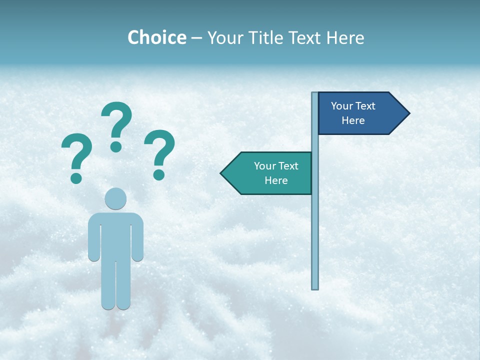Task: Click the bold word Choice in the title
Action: pyautogui.click(x=156, y=37)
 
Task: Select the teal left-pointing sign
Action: pyautogui.click(x=270, y=173)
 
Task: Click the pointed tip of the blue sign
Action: pyautogui.click(x=408, y=113)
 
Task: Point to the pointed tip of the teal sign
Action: pyautogui.click(x=222, y=173)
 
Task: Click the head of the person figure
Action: pyautogui.click(x=115, y=198)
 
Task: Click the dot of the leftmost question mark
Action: pyautogui.click(x=76, y=177)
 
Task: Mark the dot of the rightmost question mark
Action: pyautogui.click(x=159, y=174)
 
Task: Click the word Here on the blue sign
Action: pyautogui.click(x=353, y=120)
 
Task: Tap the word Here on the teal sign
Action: pyautogui.click(x=276, y=180)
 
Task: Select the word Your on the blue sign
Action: pyautogui.click(x=341, y=106)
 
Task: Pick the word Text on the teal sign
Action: pyautogui.click(x=287, y=166)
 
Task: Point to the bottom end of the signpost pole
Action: pyautogui.click(x=315, y=287)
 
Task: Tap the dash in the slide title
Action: pyautogui.click(x=196, y=38)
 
